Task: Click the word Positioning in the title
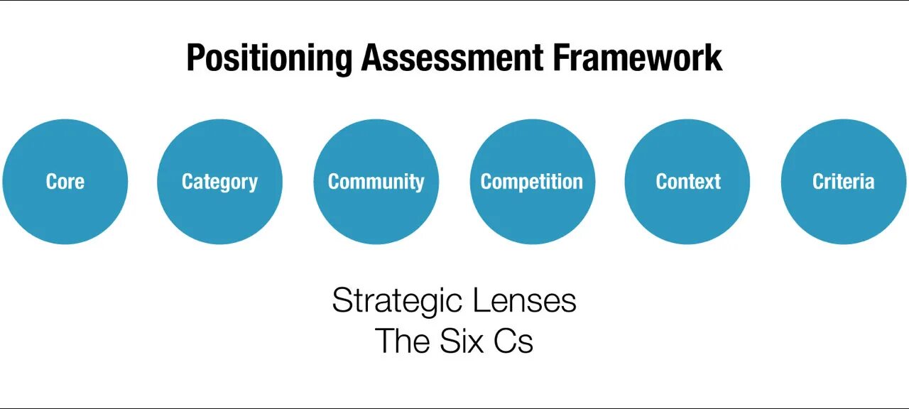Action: (x=269, y=58)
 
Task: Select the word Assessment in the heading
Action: (x=452, y=57)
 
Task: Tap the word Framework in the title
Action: (x=638, y=57)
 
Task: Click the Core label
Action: (x=65, y=182)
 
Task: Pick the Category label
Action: (x=219, y=182)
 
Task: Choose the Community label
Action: (x=376, y=182)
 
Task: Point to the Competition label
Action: (x=532, y=182)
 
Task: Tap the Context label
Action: (x=687, y=182)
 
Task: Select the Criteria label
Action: (x=843, y=182)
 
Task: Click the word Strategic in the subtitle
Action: (x=397, y=302)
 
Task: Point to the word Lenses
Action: (x=524, y=300)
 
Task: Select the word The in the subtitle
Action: (x=402, y=341)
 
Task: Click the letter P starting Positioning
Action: (x=195, y=58)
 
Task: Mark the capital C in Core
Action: (x=52, y=182)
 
